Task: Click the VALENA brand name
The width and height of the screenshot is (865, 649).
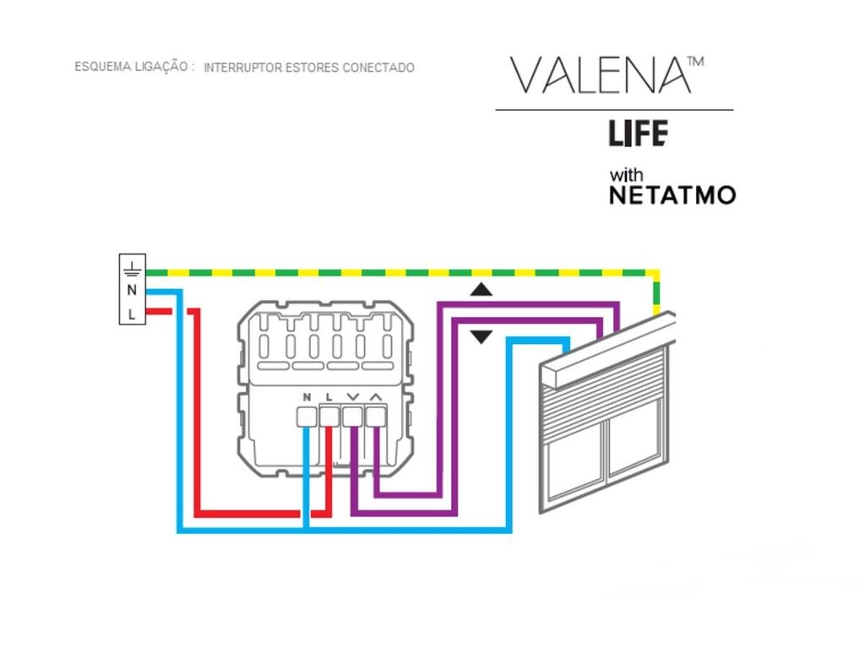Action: tap(600, 75)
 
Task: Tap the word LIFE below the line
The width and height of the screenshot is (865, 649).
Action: tap(639, 134)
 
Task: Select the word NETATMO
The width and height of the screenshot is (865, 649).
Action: tap(672, 195)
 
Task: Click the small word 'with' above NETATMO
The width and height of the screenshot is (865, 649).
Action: tap(626, 175)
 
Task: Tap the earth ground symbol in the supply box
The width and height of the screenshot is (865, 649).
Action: tap(132, 268)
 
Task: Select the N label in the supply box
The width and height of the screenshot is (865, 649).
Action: tap(131, 290)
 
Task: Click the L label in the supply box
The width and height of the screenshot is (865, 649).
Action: tap(131, 314)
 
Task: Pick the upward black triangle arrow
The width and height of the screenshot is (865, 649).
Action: tap(481, 290)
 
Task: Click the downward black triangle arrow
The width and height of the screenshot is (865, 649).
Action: tap(481, 336)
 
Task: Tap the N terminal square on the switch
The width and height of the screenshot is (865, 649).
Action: tap(307, 417)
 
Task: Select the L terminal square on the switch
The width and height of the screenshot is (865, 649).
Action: tap(329, 417)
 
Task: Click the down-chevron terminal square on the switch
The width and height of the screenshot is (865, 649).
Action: tap(352, 417)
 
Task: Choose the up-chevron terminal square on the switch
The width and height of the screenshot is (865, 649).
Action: tap(376, 417)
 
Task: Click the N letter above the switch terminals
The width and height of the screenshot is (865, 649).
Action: tap(307, 397)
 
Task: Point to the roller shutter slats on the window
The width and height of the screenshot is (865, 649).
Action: tap(605, 385)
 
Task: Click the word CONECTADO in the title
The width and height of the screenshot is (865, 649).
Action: tap(378, 68)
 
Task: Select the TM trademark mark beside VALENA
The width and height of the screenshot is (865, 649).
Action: tap(695, 61)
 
